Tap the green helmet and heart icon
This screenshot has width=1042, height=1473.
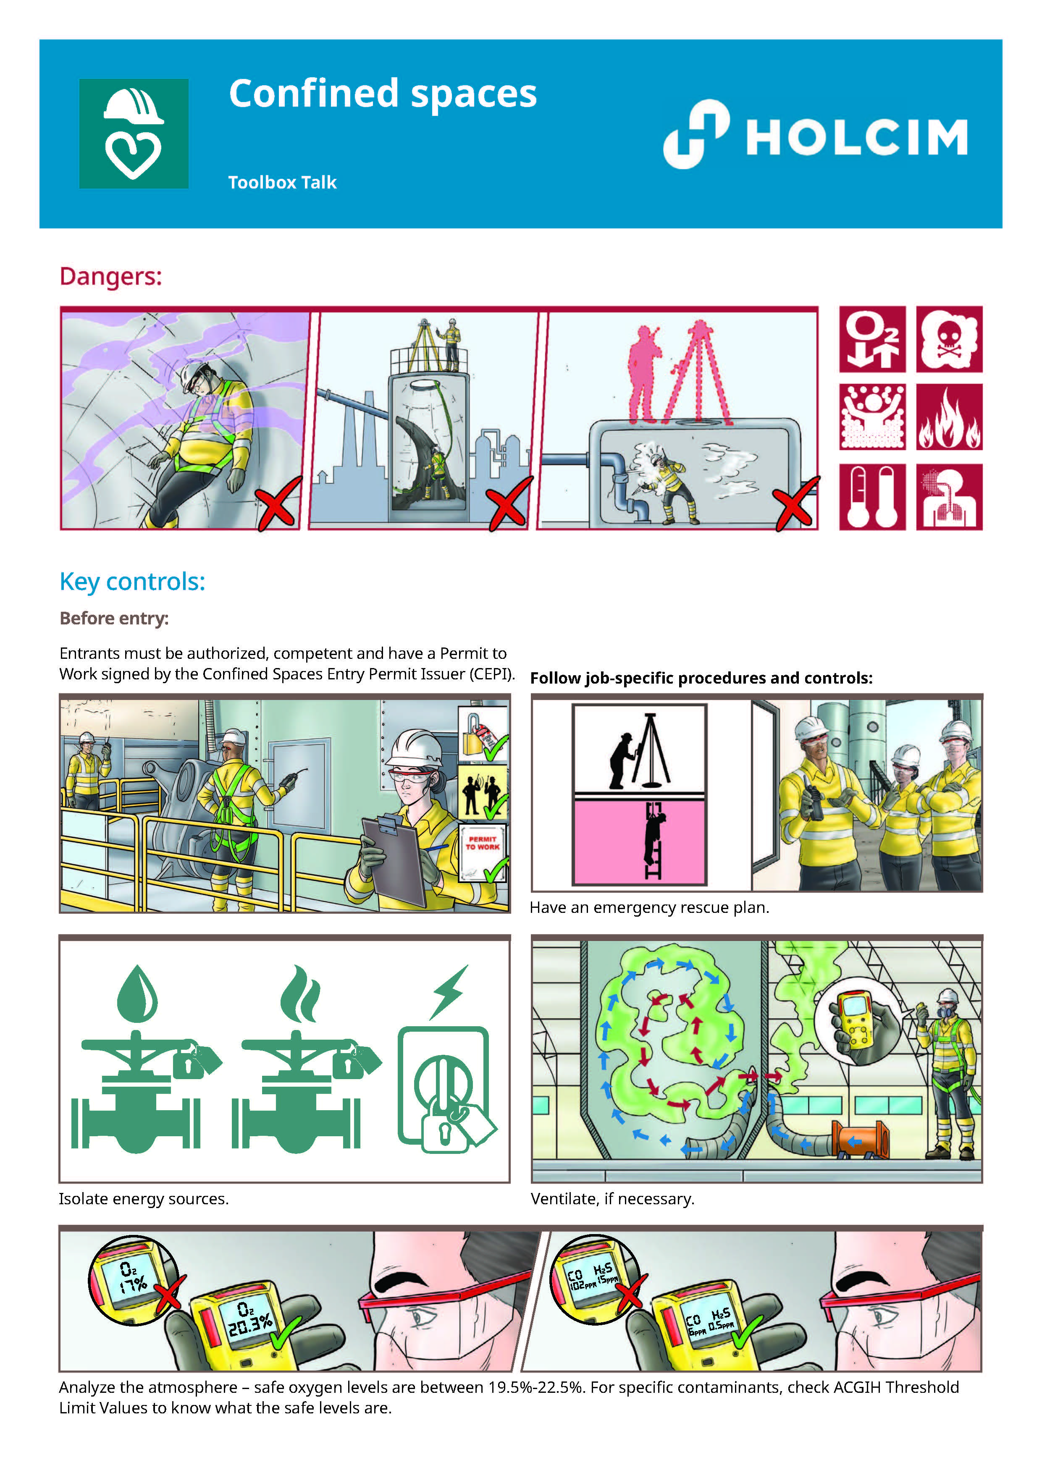pos(134,134)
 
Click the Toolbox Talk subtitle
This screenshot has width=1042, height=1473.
pos(282,183)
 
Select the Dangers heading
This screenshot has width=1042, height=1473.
pos(110,277)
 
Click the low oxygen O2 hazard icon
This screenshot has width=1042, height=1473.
pos(872,339)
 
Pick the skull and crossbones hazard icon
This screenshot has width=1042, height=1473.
pos(949,339)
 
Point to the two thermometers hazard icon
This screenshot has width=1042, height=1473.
pos(872,497)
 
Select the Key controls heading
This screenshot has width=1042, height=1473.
pos(132,582)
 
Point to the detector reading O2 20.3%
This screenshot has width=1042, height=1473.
pos(249,1320)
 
